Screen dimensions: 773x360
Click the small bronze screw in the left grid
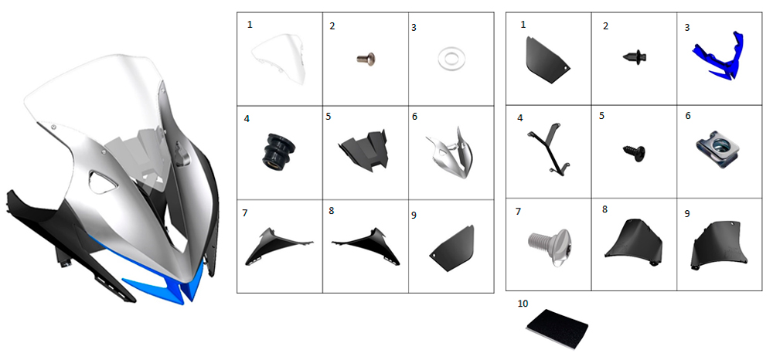coord(366,59)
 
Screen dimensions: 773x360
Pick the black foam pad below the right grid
coord(557,328)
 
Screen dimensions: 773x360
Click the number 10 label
coord(523,304)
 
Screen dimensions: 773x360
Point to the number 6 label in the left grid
coord(414,116)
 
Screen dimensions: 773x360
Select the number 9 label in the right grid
coord(687,214)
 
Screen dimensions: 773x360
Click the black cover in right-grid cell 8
coord(633,241)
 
